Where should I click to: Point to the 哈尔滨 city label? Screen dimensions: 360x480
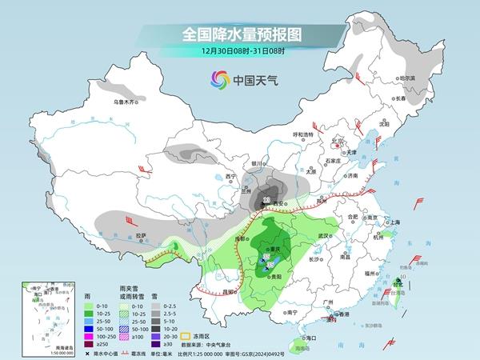tap(407, 78)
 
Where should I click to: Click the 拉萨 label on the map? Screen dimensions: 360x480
tap(141, 235)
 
